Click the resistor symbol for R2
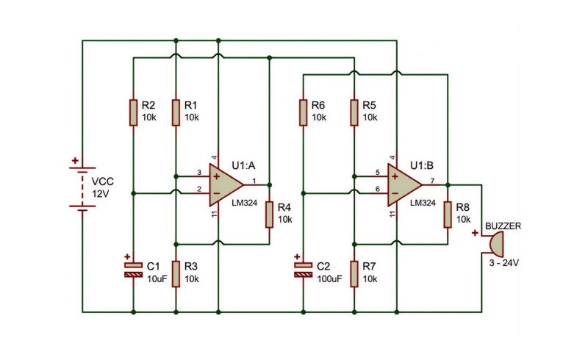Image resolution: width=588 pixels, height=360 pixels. [133, 112]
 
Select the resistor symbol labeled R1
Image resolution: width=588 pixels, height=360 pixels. [176, 112]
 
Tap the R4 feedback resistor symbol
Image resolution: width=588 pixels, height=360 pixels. [269, 215]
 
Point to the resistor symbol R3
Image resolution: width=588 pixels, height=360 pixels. [176, 274]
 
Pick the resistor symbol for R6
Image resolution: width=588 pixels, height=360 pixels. [304, 112]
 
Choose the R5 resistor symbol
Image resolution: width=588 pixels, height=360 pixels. [354, 112]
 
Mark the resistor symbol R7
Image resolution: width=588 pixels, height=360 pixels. [354, 274]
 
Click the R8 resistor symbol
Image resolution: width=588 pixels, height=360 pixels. [448, 215]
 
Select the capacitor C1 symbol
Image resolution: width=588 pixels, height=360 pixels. [134, 270]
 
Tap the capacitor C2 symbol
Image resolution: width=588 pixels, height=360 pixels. [304, 270]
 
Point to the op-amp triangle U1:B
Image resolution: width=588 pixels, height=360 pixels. [405, 185]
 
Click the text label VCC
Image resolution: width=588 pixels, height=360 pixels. [102, 182]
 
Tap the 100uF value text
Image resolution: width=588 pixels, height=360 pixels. [329, 279]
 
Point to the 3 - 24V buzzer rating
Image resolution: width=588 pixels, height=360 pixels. [504, 263]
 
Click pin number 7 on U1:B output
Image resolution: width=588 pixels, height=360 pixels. [432, 181]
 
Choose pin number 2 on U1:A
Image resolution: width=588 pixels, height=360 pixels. [199, 190]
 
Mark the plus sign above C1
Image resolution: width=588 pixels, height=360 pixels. [127, 257]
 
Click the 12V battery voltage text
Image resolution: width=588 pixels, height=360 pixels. [101, 194]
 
